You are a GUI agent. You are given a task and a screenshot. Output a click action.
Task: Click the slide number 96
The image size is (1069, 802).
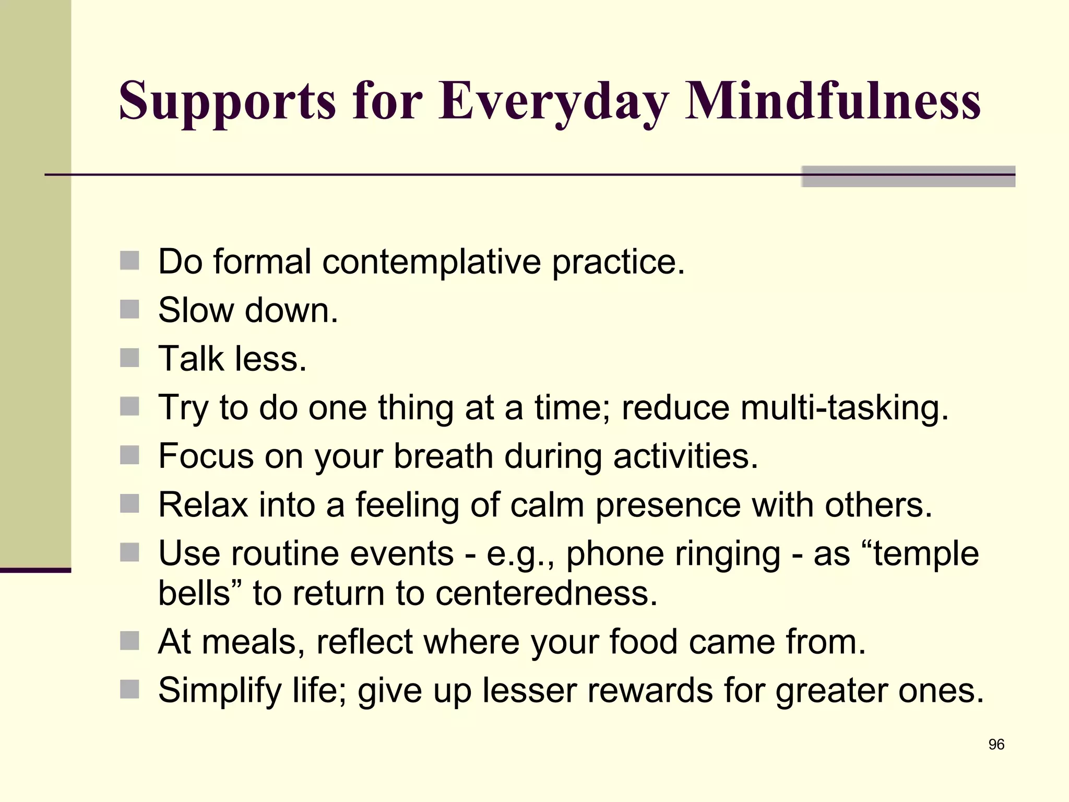tap(996, 745)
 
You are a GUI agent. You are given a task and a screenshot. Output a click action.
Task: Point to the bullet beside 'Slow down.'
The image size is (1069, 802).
tap(129, 309)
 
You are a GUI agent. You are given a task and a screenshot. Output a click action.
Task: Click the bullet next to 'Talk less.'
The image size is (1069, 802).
tap(129, 358)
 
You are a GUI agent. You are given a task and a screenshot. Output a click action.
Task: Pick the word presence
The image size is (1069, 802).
tap(668, 505)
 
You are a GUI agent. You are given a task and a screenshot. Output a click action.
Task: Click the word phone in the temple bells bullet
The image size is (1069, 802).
tap(614, 553)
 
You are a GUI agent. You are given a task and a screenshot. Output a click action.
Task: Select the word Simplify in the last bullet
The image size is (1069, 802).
tap(220, 690)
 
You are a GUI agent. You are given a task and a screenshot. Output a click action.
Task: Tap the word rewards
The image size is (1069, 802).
tap(650, 690)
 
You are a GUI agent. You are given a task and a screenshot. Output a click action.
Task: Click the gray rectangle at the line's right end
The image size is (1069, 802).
tap(908, 176)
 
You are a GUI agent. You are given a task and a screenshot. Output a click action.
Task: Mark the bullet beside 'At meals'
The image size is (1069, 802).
tap(129, 641)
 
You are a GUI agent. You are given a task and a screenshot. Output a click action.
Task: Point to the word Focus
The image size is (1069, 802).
tap(206, 456)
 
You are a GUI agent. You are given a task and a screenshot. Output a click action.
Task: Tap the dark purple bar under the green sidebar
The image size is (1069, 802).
tap(35, 570)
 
